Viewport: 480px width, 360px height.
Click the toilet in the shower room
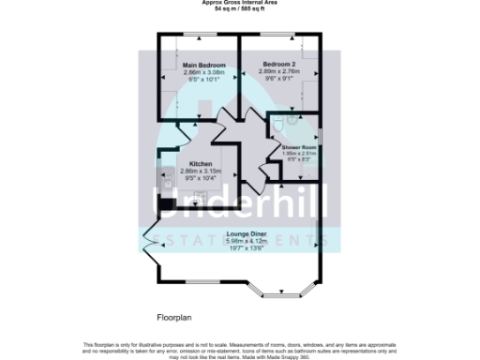[291, 120]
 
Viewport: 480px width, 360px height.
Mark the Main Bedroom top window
[198, 36]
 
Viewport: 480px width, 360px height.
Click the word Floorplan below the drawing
[175, 317]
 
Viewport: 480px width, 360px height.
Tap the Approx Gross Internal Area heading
[239, 3]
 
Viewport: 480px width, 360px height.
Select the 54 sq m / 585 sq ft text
[239, 9]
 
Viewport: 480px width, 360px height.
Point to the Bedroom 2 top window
[278, 36]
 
